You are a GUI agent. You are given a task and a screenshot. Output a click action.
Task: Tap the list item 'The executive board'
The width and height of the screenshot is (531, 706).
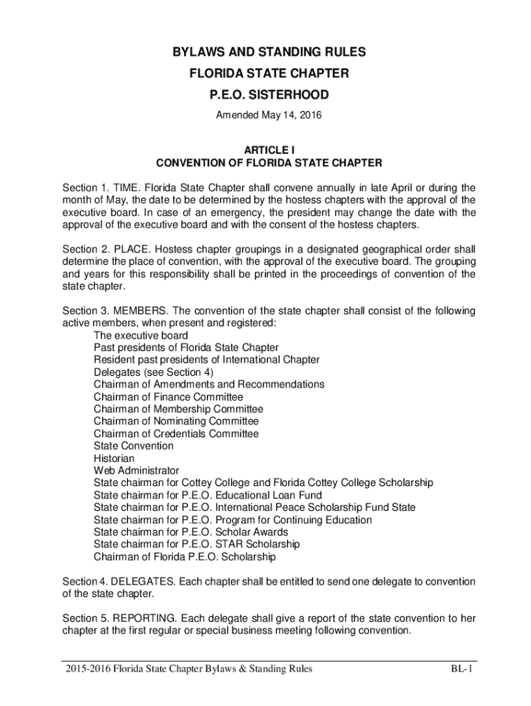141,336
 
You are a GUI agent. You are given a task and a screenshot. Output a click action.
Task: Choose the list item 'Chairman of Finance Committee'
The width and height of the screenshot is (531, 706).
168,397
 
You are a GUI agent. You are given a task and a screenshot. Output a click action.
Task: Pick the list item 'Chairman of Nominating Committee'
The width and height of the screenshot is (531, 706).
177,421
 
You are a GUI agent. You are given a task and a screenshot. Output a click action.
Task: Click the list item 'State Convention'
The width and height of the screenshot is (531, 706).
134,446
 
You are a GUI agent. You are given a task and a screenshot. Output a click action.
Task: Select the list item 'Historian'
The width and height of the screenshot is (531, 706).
114,458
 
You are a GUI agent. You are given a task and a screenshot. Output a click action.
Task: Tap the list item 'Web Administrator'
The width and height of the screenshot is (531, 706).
137,471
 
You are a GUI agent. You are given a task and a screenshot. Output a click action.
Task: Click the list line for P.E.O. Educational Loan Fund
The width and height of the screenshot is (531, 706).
208,495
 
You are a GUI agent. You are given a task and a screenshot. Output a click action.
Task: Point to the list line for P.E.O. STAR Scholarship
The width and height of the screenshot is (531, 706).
197,545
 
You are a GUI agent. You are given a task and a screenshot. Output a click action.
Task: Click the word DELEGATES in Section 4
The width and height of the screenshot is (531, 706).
138,582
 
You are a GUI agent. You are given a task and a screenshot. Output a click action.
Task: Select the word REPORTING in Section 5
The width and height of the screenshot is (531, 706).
138,619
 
